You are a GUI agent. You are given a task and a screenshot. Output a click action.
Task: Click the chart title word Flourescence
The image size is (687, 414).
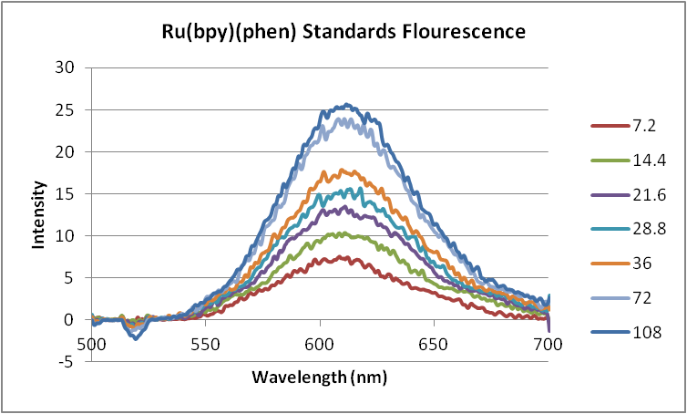coord(462,33)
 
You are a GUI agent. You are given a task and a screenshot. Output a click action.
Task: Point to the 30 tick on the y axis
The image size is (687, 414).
coord(64,67)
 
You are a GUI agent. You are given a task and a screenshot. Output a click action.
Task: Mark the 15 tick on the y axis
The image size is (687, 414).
coord(64,193)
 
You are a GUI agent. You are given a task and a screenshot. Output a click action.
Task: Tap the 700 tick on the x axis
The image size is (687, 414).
coord(548,345)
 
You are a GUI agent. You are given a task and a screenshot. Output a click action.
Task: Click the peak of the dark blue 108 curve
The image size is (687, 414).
coord(345,105)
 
